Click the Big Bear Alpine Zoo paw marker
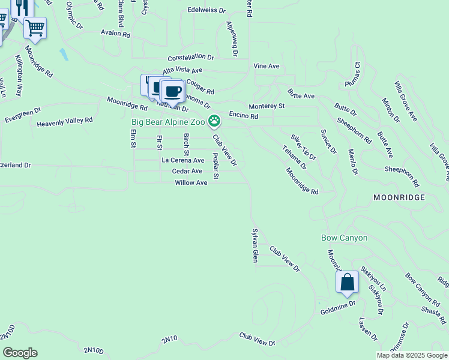tap(214, 122)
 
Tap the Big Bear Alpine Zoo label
tap(169, 122)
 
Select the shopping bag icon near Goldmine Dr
tap(348, 282)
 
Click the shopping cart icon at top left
tap(35, 28)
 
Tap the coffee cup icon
tap(172, 92)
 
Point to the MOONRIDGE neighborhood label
tap(399, 197)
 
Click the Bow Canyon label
tap(345, 238)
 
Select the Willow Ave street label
tap(191, 182)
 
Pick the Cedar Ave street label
tap(187, 172)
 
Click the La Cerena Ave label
tap(183, 161)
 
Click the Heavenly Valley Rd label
tap(65, 121)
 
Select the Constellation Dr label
tap(191, 57)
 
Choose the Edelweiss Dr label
tap(206, 11)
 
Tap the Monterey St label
tap(267, 106)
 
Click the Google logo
tap(20, 353)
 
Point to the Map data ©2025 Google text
tap(412, 355)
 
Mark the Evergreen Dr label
tap(23, 114)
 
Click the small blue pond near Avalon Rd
tap(63, 55)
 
